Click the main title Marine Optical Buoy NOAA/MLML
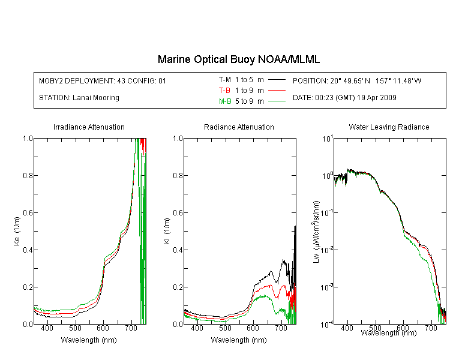point(238,59)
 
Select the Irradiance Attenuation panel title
point(89,127)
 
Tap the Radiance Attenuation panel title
point(239,127)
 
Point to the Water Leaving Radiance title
point(389,127)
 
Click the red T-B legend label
point(224,91)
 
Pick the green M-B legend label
point(225,101)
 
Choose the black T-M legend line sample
point(277,80)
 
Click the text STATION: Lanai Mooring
point(79,98)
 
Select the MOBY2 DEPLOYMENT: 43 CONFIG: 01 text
point(103,80)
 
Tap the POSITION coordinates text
point(357,80)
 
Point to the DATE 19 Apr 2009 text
point(344,98)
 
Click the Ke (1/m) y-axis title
point(17,231)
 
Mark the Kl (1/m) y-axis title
point(167,231)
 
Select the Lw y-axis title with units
point(316,232)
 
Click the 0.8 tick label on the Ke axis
point(28,175)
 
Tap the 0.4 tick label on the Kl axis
point(178,250)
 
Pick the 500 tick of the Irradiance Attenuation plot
point(75,328)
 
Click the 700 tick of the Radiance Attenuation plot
point(281,328)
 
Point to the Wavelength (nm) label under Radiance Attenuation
point(239,340)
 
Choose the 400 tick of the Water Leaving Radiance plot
point(347,328)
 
